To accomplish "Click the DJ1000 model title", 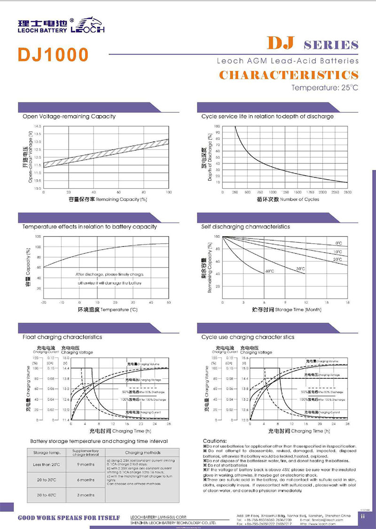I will pyautogui.click(x=53, y=54).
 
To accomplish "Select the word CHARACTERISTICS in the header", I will pyautogui.click(x=289, y=75).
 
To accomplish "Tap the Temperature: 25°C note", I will pyautogui.click(x=325, y=88).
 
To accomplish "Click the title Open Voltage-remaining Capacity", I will pyautogui.click(x=69, y=116).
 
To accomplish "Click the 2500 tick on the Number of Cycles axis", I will pyautogui.click(x=347, y=192).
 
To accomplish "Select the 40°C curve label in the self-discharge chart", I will pyautogui.click(x=269, y=271).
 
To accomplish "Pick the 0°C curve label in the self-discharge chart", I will pyautogui.click(x=338, y=243).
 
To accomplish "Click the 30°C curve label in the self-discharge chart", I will pyautogui.click(x=300, y=268).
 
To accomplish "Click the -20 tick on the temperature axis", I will pyautogui.click(x=43, y=303).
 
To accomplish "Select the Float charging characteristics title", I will pyautogui.click(x=63, y=337).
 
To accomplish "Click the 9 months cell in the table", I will pyautogui.click(x=86, y=465).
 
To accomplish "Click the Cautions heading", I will pyautogui.click(x=215, y=441).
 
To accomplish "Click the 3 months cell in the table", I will pyautogui.click(x=86, y=495).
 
